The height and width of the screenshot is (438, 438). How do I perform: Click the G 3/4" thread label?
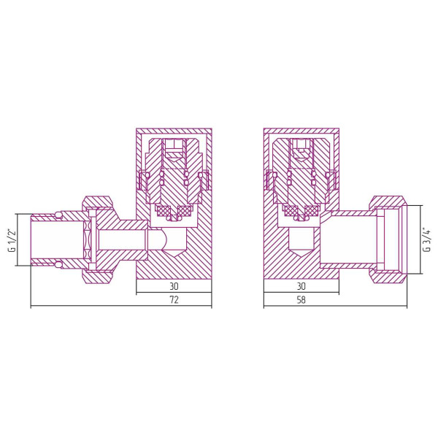pyautogui.click(x=427, y=239)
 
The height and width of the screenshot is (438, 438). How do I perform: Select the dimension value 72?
pyautogui.click(x=174, y=300)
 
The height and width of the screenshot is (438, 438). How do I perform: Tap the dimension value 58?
pyautogui.click(x=301, y=300)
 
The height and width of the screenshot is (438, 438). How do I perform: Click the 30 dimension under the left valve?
pyautogui.click(x=174, y=286)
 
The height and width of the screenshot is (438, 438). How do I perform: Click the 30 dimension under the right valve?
pyautogui.click(x=301, y=286)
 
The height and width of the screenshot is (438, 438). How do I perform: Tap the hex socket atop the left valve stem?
pyautogui.click(x=174, y=148)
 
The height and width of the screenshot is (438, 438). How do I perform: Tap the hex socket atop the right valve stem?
pyautogui.click(x=301, y=148)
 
